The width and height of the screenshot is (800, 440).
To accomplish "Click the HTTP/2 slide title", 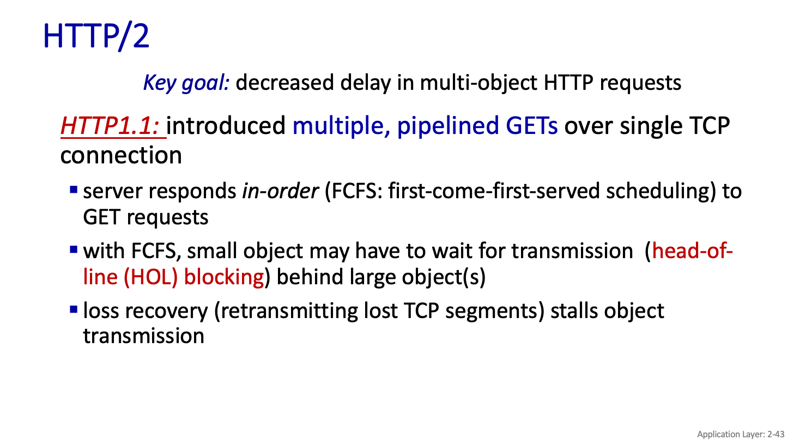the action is [96, 36].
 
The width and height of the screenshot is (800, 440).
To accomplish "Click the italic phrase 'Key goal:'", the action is [186, 83].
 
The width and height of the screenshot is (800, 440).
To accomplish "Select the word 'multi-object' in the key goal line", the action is [478, 83].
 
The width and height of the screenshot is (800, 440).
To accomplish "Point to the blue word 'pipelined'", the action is [448, 126].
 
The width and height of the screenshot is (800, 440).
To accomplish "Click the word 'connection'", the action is [121, 156].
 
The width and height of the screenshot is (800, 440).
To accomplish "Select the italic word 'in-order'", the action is [280, 191].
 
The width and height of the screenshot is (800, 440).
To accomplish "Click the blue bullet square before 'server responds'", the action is [74, 190].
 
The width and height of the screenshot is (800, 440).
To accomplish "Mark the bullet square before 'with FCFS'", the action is [74, 249].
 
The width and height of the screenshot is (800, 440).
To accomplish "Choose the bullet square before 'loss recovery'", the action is [74, 309].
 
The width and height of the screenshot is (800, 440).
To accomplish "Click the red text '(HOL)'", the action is [151, 277].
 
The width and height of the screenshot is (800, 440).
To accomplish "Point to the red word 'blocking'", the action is [224, 277].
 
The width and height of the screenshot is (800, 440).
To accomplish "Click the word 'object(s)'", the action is [444, 277].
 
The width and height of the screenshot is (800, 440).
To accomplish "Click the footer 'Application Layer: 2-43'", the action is [741, 435].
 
